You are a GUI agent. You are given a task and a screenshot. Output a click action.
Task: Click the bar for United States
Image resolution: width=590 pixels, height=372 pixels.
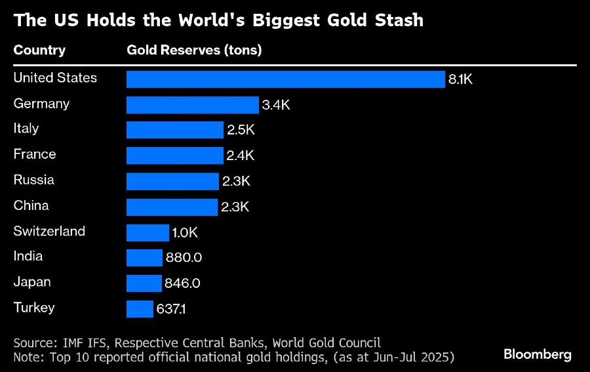pyautogui.click(x=286, y=79)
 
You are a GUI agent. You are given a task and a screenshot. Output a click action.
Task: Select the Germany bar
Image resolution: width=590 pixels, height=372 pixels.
pyautogui.click(x=193, y=105)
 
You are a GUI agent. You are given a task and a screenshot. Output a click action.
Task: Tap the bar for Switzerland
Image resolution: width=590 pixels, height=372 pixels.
pyautogui.click(x=147, y=233)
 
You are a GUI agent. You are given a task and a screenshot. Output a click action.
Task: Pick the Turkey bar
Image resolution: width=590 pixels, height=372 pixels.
pyautogui.click(x=140, y=309)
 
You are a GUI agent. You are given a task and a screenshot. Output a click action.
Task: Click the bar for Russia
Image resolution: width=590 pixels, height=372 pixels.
pyautogui.click(x=172, y=182)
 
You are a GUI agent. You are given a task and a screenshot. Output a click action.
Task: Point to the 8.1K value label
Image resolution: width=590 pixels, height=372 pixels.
pyautogui.click(x=460, y=80)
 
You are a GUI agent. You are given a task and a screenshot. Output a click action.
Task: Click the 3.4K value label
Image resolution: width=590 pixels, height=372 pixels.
pyautogui.click(x=276, y=105)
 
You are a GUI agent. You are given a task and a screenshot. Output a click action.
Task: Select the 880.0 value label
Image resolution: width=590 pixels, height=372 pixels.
pyautogui.click(x=184, y=258)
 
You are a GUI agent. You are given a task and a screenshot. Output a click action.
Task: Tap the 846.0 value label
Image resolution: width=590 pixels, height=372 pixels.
pyautogui.click(x=182, y=283)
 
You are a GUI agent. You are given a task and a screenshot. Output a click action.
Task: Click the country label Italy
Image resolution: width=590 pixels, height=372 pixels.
pyautogui.click(x=26, y=129)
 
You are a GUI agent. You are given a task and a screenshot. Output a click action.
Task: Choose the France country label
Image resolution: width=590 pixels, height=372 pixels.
pyautogui.click(x=35, y=154)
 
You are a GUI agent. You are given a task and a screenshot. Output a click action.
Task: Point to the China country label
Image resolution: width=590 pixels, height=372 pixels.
pyautogui.click(x=31, y=205)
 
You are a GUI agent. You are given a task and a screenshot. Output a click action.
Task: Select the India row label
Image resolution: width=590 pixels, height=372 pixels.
pyautogui.click(x=28, y=257)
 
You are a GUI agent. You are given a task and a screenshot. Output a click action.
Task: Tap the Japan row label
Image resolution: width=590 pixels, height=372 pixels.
pyautogui.click(x=32, y=282)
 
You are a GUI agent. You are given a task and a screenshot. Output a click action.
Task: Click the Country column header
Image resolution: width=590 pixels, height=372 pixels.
pyautogui.click(x=39, y=51)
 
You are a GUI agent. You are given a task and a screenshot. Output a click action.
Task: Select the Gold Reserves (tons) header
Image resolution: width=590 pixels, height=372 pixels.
pyautogui.click(x=194, y=51)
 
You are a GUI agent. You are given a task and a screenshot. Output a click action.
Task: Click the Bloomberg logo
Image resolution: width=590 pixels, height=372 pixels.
pyautogui.click(x=538, y=354)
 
